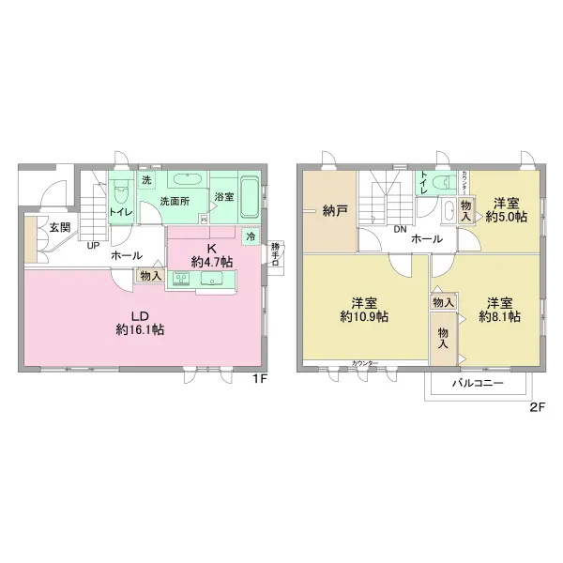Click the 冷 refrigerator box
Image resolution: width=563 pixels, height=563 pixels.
[251, 237]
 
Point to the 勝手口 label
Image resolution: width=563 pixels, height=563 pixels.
[275, 254]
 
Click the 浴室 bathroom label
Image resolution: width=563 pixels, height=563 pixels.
[223, 197]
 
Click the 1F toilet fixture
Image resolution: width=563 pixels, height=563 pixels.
[121, 193]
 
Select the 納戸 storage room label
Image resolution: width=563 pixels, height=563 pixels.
[335, 210]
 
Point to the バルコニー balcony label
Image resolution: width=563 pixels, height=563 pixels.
[479, 384]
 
